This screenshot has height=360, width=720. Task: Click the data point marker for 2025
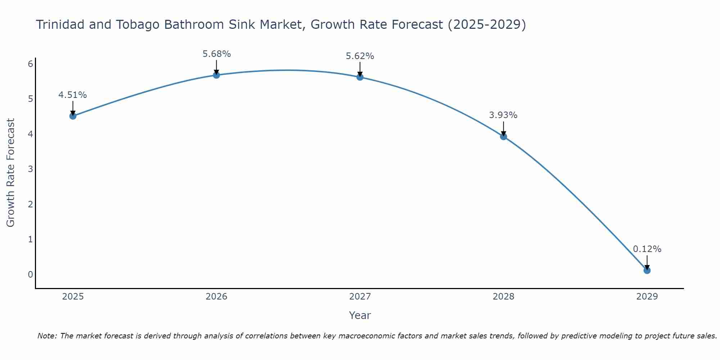[73, 116]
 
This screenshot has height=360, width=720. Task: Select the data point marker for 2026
[216, 75]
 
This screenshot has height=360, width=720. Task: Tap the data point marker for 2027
[360, 77]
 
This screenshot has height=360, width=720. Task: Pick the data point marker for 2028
[504, 136]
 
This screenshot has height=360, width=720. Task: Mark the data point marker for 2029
[647, 270]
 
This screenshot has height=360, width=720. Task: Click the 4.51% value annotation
[73, 95]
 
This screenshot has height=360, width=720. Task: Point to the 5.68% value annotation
[216, 54]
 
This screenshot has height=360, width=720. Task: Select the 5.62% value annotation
[360, 56]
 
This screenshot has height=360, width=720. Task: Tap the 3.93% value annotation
[503, 115]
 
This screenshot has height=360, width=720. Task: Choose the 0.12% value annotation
[647, 249]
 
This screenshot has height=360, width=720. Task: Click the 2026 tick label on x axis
[216, 297]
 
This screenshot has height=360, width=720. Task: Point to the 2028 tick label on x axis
[504, 297]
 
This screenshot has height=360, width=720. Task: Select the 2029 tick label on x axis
[647, 297]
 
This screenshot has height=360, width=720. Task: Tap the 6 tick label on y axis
[30, 64]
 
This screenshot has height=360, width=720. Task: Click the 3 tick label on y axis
[30, 169]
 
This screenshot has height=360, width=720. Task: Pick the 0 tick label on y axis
[30, 274]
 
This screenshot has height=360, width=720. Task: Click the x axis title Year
[360, 315]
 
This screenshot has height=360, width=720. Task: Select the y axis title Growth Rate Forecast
[11, 173]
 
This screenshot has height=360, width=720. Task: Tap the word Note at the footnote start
[47, 336]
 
